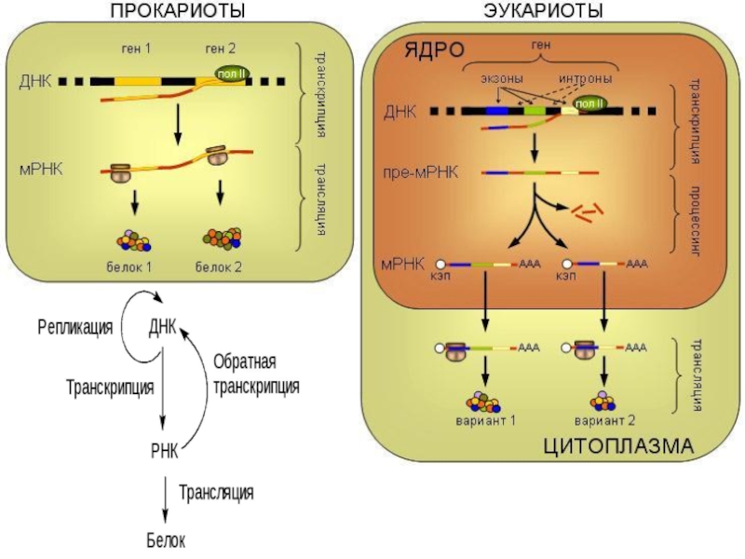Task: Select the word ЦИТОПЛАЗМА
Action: (x=617, y=445)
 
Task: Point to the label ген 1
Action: (x=136, y=48)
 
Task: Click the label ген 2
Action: (x=221, y=48)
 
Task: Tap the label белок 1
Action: (x=129, y=267)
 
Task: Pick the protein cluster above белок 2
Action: (x=221, y=239)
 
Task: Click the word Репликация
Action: (x=75, y=327)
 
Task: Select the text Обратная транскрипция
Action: (x=256, y=373)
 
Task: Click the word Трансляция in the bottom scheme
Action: (x=216, y=491)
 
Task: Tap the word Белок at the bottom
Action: (x=165, y=540)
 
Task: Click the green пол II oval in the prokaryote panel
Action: (x=228, y=75)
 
